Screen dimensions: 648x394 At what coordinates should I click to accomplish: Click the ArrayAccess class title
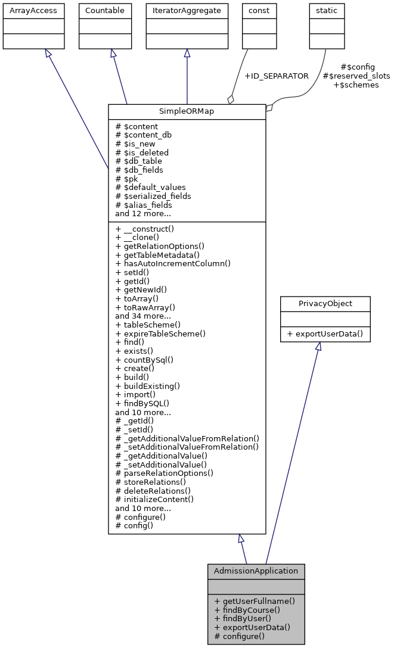(26, 11)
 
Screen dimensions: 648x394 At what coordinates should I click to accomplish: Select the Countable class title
(105, 11)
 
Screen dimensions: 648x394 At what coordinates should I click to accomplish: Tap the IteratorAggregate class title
(187, 11)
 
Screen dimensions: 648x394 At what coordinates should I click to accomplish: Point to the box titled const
(257, 11)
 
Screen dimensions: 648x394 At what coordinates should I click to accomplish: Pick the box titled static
(324, 11)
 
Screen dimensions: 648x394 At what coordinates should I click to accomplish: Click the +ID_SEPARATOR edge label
(277, 76)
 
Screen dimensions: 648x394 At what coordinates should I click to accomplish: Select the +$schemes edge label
(356, 85)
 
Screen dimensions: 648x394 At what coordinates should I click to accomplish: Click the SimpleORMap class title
(187, 112)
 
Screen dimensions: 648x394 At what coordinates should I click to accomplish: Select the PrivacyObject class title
(325, 304)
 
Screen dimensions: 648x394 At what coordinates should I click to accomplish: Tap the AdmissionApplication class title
(256, 571)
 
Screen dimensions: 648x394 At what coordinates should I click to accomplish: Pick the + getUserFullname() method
(255, 601)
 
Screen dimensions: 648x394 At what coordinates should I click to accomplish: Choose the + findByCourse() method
(247, 610)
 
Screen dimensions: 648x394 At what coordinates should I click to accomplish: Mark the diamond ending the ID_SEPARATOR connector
(230, 99)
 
